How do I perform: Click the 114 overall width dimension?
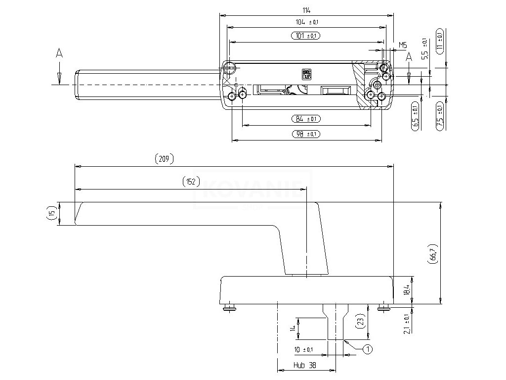pyautogui.click(x=307, y=10)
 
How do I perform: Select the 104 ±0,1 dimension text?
pyautogui.click(x=306, y=22)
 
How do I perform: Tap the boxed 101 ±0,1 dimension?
pyautogui.click(x=306, y=36)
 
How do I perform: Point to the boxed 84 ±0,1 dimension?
pyautogui.click(x=306, y=119)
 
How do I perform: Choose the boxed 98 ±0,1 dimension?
pyautogui.click(x=306, y=134)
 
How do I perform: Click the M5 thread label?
pyautogui.click(x=402, y=45)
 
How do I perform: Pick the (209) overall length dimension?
pyautogui.click(x=164, y=159)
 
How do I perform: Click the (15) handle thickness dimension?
pyautogui.click(x=51, y=214)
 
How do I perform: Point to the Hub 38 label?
pyautogui.click(x=305, y=366)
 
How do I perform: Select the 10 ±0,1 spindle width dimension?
pyautogui.click(x=303, y=350)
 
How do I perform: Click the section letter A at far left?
pyautogui.click(x=59, y=53)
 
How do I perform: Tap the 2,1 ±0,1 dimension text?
pyautogui.click(x=406, y=324)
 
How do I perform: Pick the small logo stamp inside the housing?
pyautogui.click(x=306, y=74)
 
